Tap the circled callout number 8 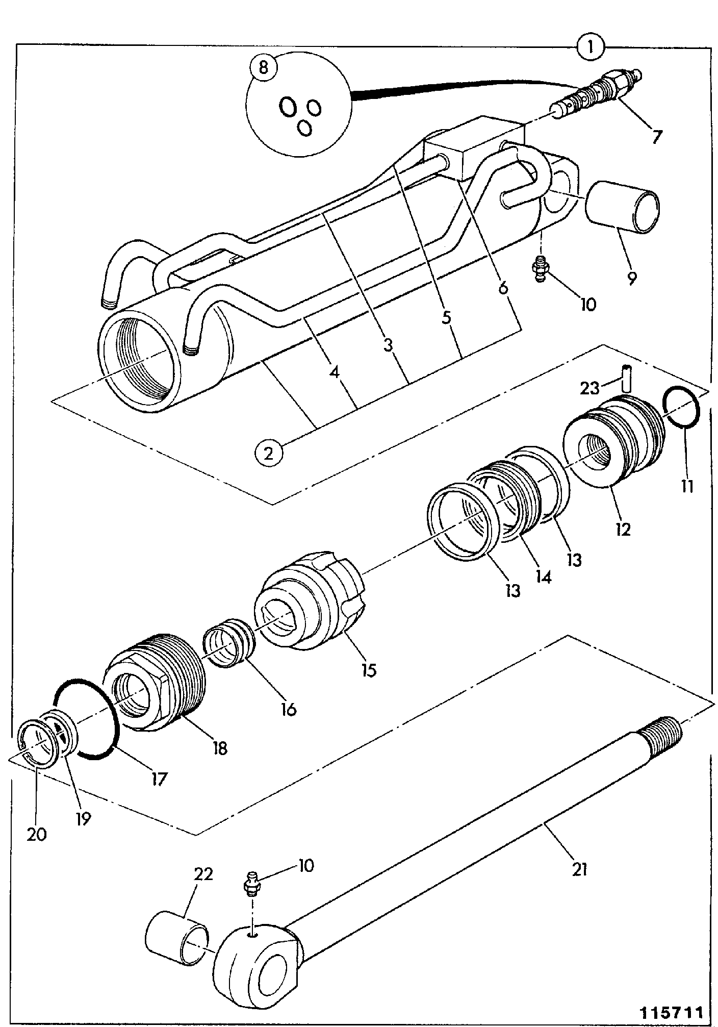tap(264, 67)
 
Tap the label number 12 tap(622, 529)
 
